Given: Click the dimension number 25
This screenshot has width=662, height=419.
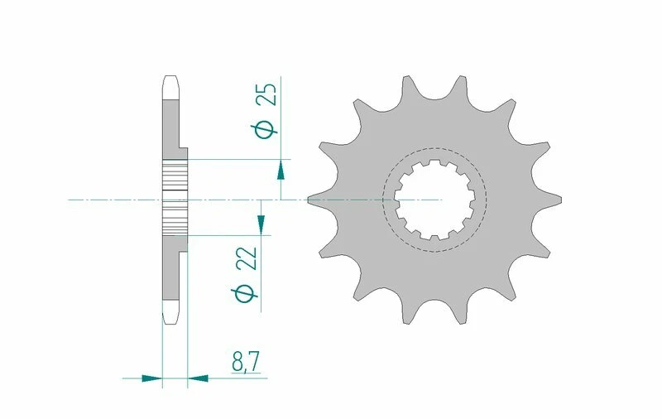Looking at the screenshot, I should pyautogui.click(x=266, y=94).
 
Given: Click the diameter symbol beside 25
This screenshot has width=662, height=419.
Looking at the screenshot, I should pyautogui.click(x=266, y=129).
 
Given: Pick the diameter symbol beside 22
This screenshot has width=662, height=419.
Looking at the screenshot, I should pyautogui.click(x=246, y=293).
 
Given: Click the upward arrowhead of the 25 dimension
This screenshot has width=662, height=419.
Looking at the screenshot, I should pyautogui.click(x=281, y=170).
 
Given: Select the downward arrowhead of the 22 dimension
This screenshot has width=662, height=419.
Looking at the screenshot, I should pyautogui.click(x=261, y=223).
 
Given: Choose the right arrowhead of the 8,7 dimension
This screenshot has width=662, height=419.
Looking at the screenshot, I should pyautogui.click(x=199, y=378).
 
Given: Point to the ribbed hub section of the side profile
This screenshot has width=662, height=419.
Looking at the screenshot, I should pyautogui.click(x=175, y=199).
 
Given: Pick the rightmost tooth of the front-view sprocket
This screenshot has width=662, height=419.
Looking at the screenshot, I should pyautogui.click(x=557, y=200).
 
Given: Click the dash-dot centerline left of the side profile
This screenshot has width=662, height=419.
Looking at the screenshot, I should pyautogui.click(x=108, y=200).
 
